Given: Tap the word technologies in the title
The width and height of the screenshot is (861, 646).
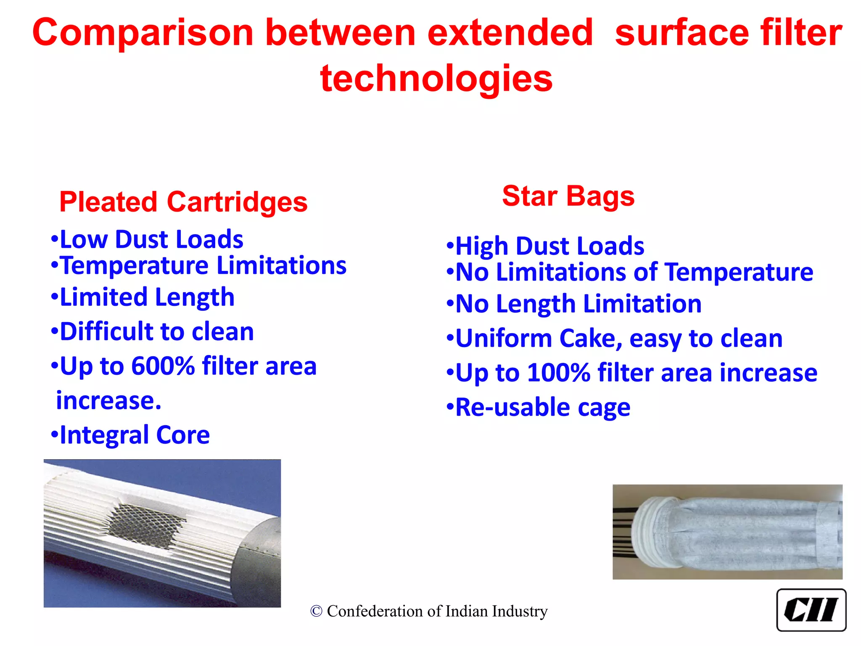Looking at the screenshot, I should pyautogui.click(x=436, y=79).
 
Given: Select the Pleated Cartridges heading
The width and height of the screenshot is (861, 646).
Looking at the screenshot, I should pyautogui.click(x=183, y=202).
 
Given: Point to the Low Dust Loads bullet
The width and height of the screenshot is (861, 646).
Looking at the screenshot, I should pyautogui.click(x=147, y=239).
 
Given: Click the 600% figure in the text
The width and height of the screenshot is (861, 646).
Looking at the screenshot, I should pyautogui.click(x=163, y=366).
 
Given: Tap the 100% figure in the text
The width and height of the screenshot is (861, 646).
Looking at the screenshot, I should pyautogui.click(x=559, y=373).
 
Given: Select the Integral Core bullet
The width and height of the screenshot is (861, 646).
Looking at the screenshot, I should pyautogui.click(x=131, y=435).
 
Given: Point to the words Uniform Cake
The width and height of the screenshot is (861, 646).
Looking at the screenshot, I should pyautogui.click(x=539, y=339).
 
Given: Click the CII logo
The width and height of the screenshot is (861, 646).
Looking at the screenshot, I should pyautogui.click(x=811, y=610).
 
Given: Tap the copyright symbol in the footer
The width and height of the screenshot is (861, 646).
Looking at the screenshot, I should pyautogui.click(x=316, y=612).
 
